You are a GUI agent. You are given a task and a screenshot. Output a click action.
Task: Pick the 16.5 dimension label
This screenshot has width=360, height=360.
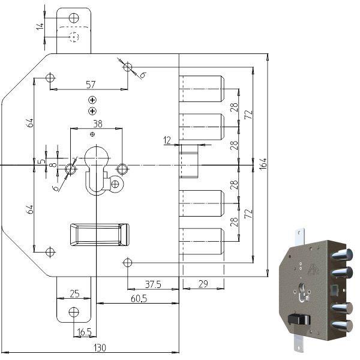click(85, 330)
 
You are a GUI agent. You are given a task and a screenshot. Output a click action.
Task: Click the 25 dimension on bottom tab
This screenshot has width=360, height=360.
click(74, 294)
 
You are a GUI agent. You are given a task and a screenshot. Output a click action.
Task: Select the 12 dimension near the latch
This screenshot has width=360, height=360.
click(167, 140)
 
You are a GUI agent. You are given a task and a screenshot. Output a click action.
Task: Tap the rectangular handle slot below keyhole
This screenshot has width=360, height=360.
click(100, 234)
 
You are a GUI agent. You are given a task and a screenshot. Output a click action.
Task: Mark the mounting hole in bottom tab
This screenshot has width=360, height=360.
click(74, 311)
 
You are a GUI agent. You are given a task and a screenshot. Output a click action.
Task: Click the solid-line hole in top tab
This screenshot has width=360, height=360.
click(74, 18)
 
